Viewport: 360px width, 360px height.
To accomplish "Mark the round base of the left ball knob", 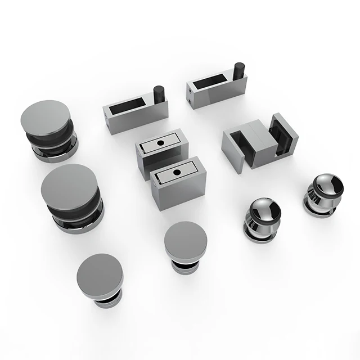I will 260,232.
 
